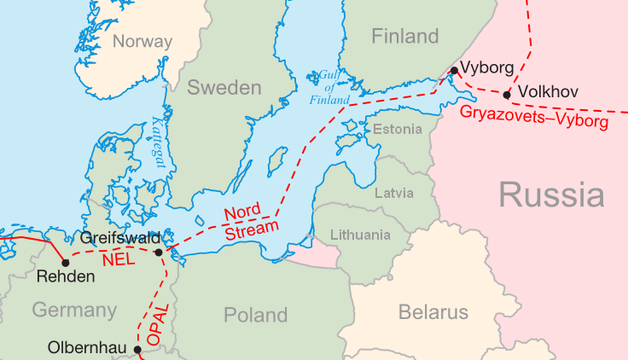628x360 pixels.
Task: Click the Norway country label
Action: pos(142,41)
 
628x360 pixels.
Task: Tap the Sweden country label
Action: pos(224,88)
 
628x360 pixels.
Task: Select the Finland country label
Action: pos(404,37)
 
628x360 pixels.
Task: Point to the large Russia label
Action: pos(551,195)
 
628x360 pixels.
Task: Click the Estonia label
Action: pos(398,130)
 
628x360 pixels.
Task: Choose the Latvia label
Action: pos(394,193)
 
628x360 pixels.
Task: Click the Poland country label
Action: pos(255,315)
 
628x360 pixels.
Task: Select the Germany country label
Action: pos(74,310)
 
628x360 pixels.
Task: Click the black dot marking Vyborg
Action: pos(455,70)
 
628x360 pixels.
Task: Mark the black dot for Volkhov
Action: pos(507,95)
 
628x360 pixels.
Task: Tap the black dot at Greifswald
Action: pos(159,252)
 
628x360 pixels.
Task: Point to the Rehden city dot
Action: pos(66,262)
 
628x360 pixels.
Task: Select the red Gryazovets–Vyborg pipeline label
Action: pos(533,118)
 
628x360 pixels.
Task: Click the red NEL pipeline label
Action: pos(118,258)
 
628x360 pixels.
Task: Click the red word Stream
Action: pos(252,229)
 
